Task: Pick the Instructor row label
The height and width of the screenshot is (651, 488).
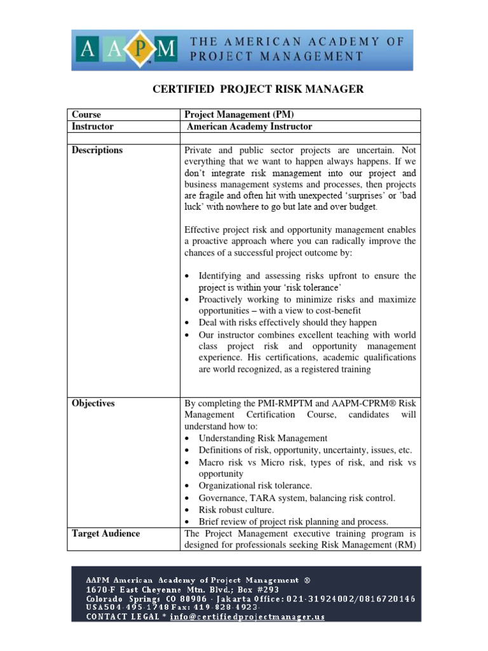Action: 93,127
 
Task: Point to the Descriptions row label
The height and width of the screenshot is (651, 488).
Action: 97,151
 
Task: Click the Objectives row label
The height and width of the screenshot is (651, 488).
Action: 93,403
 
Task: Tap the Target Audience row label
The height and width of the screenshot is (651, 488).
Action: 105,533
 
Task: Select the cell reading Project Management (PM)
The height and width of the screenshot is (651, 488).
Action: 239,114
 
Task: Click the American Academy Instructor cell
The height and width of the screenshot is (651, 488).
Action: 249,127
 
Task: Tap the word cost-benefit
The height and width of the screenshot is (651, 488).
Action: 334,311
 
